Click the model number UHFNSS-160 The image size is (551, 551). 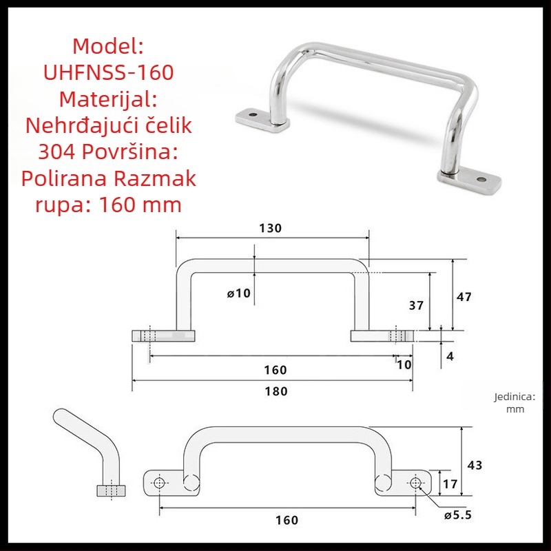[x=108, y=72]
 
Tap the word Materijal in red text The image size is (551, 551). [x=105, y=99]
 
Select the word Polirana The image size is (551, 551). [x=64, y=178]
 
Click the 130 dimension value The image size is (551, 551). [x=270, y=229]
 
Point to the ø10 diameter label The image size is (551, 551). [x=239, y=293]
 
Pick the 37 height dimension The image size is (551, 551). [x=416, y=305]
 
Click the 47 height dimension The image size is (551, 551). [x=464, y=297]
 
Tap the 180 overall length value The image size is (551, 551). [x=276, y=391]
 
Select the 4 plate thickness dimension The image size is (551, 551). [x=450, y=357]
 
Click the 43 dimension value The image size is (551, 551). [x=475, y=466]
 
